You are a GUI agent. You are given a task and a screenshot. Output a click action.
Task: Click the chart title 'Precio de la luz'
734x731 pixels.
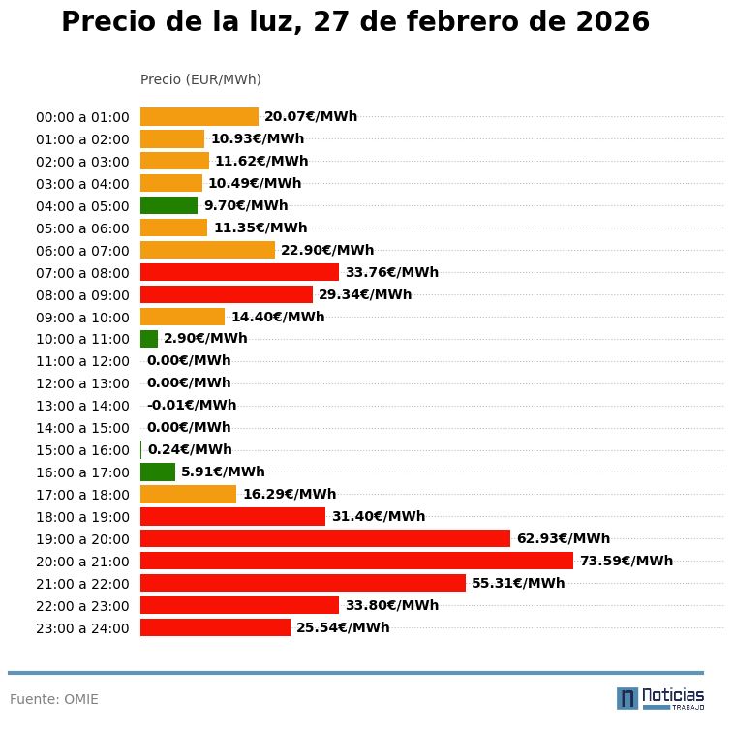point(354,22)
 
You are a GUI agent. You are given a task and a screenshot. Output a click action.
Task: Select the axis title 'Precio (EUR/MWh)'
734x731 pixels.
point(200,79)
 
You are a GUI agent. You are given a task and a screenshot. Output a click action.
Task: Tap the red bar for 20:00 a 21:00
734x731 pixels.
point(356,561)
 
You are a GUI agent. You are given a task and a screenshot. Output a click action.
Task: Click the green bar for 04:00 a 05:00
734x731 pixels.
point(168,205)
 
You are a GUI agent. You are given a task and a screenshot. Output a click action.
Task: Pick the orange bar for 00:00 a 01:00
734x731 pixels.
point(199,116)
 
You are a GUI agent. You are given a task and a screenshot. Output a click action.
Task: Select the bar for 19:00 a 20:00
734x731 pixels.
point(324,538)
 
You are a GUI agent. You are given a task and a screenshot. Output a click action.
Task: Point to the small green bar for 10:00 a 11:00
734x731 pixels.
point(149,339)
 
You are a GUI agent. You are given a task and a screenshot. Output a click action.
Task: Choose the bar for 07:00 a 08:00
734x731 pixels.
point(239,272)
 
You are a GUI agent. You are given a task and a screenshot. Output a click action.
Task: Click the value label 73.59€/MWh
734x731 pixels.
point(626,561)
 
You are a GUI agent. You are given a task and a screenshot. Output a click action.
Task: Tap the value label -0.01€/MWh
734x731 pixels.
point(191,405)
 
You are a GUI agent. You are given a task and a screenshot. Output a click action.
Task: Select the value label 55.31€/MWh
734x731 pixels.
point(518,583)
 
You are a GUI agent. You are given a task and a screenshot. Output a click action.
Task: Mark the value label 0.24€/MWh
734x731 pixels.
point(190,449)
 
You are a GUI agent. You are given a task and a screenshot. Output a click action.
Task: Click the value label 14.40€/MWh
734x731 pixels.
point(278,317)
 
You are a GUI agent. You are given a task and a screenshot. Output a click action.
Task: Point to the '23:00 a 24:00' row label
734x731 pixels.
point(82,628)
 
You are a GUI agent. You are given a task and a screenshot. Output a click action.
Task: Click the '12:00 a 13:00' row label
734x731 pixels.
point(82,383)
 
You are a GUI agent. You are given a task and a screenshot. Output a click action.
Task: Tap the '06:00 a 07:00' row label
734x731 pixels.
point(82,250)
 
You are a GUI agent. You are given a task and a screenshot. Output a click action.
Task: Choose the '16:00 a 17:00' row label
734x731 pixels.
point(82,472)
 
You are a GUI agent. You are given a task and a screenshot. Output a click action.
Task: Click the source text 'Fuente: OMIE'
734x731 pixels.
point(54,699)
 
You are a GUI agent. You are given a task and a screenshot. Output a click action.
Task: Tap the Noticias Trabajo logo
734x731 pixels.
point(660,698)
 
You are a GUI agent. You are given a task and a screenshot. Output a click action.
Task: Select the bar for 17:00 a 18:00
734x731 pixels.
point(188,494)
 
